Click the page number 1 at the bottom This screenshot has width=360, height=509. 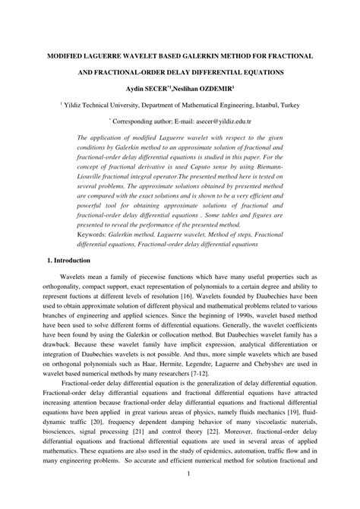click(186, 496)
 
